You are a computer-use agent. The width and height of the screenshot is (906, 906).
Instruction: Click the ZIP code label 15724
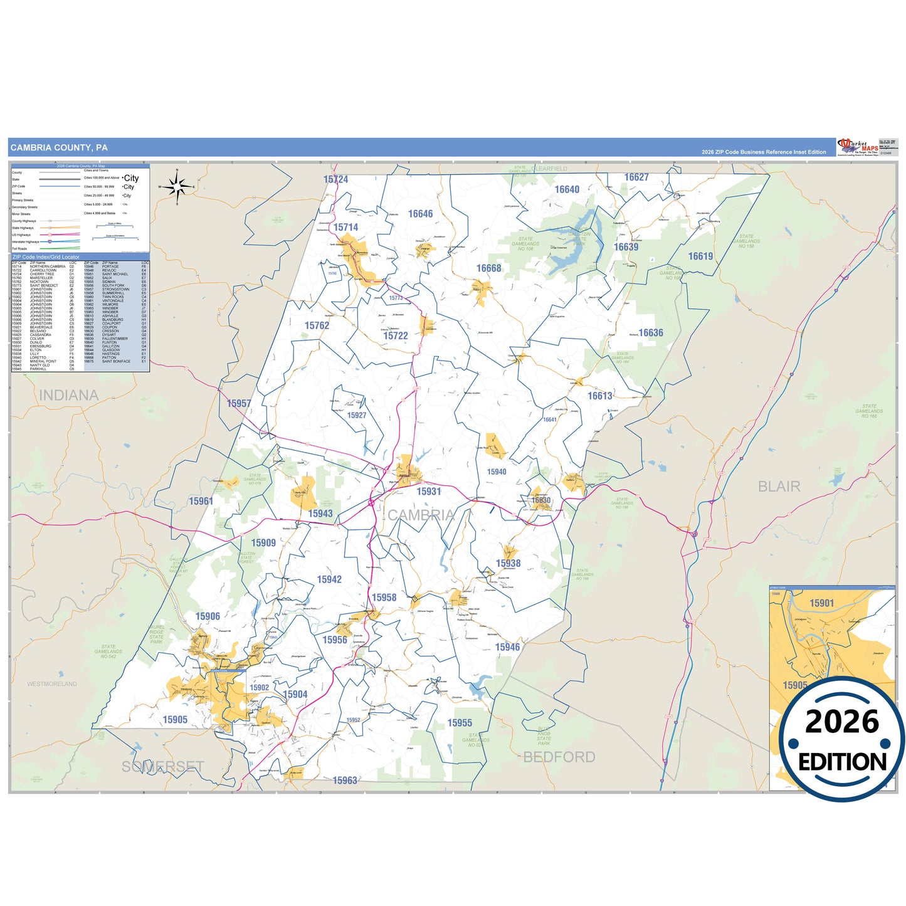[335, 179]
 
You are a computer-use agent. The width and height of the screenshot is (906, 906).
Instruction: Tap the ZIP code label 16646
[420, 214]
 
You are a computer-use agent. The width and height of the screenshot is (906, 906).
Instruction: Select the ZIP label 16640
[567, 189]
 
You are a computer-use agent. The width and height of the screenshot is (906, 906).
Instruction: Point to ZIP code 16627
[636, 177]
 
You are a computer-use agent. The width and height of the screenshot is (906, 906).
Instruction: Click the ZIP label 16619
[700, 256]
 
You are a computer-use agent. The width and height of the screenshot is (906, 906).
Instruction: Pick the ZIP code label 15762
[317, 325]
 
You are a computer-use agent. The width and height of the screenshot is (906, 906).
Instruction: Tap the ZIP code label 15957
[239, 404]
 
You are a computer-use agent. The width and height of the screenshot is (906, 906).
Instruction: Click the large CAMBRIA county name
[421, 515]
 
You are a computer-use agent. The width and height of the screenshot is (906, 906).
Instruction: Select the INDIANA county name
[69, 396]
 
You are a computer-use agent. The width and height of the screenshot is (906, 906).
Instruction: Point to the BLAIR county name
[779, 487]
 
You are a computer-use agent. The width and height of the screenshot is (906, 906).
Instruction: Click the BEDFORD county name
[559, 757]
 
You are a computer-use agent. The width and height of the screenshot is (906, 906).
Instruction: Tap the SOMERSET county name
[163, 767]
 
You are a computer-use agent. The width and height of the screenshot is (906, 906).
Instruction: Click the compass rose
[177, 186]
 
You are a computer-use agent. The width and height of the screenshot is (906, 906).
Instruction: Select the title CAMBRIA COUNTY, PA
[59, 148]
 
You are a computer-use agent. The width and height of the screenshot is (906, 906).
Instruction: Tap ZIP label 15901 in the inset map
[821, 603]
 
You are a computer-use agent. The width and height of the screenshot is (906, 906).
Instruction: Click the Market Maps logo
[858, 147]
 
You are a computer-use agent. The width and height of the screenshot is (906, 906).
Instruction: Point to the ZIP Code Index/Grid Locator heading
[46, 257]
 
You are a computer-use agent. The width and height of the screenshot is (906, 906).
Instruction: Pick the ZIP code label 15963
[345, 781]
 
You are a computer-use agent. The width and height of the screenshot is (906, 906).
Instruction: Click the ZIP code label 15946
[507, 647]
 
